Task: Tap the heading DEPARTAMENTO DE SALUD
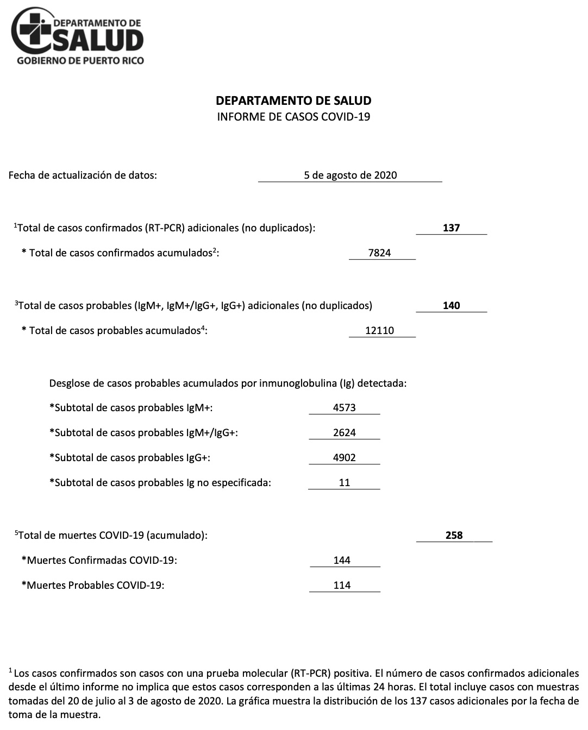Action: click(x=293, y=100)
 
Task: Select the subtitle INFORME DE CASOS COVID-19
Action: click(x=293, y=116)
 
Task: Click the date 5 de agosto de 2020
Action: click(x=350, y=175)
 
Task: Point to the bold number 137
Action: click(x=451, y=228)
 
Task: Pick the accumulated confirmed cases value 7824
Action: click(x=379, y=253)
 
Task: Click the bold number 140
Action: click(x=451, y=305)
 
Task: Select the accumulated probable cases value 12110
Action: click(x=379, y=330)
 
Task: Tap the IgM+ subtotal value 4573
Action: click(x=344, y=407)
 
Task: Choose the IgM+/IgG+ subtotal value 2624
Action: click(x=344, y=432)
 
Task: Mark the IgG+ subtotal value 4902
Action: click(x=344, y=457)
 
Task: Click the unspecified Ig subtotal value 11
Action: click(x=344, y=482)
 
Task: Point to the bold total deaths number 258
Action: click(x=454, y=535)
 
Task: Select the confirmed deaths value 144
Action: click(x=342, y=560)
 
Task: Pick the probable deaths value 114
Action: click(x=342, y=585)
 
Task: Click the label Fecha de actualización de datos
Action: click(x=83, y=175)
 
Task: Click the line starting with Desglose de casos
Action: click(x=228, y=383)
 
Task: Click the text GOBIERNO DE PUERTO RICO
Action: click(x=80, y=60)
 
